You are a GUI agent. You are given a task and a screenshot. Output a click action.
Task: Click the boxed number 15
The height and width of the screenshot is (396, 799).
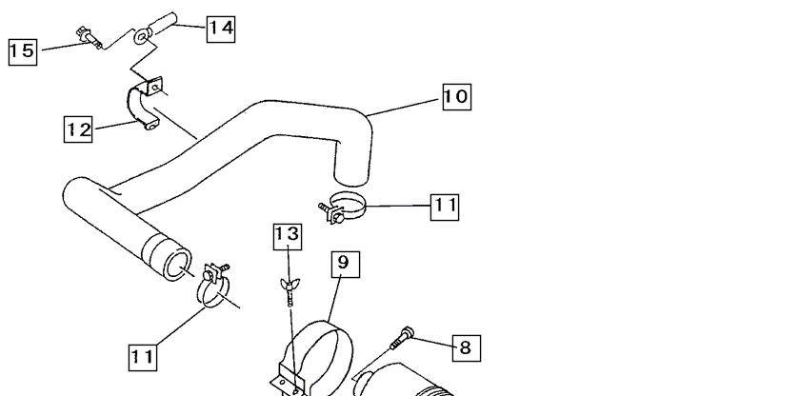pyautogui.click(x=23, y=51)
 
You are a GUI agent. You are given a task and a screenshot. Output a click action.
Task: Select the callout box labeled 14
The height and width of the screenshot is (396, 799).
pyautogui.click(x=221, y=29)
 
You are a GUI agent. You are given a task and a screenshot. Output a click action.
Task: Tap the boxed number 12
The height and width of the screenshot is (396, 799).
pyautogui.click(x=78, y=129)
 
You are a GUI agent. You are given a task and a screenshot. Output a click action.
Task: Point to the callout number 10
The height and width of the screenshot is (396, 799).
pyautogui.click(x=456, y=97)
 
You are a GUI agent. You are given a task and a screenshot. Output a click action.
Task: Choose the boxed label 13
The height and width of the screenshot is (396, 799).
pyautogui.click(x=288, y=236)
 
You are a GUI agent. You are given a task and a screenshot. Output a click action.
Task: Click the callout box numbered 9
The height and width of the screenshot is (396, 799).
pyautogui.click(x=346, y=264)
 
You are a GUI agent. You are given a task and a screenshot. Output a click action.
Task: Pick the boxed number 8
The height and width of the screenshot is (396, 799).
pyautogui.click(x=467, y=348)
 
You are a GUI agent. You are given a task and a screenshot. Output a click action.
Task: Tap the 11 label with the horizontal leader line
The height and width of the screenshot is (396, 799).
pyautogui.click(x=445, y=207)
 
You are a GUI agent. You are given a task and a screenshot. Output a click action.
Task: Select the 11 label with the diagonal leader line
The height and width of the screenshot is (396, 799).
pyautogui.click(x=143, y=357)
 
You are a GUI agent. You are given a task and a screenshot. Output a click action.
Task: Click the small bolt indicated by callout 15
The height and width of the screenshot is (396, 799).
pyautogui.click(x=89, y=38)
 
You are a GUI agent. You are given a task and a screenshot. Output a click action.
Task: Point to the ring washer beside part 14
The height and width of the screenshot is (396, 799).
pyautogui.click(x=143, y=36)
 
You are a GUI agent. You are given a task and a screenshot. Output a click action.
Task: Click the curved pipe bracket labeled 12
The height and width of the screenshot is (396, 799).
pyautogui.click(x=145, y=104)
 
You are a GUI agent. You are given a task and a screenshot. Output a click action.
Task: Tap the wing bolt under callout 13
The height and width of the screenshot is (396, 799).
pyautogui.click(x=290, y=291)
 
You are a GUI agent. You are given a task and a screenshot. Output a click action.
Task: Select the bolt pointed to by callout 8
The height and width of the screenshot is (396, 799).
pyautogui.click(x=402, y=338)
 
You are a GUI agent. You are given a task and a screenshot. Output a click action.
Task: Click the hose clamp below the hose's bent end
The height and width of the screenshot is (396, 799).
pyautogui.click(x=342, y=208)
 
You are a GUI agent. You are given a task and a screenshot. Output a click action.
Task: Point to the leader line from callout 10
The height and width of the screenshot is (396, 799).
pyautogui.click(x=404, y=107)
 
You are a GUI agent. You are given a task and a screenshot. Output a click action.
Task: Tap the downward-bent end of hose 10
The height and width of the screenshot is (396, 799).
pyautogui.click(x=352, y=163)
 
